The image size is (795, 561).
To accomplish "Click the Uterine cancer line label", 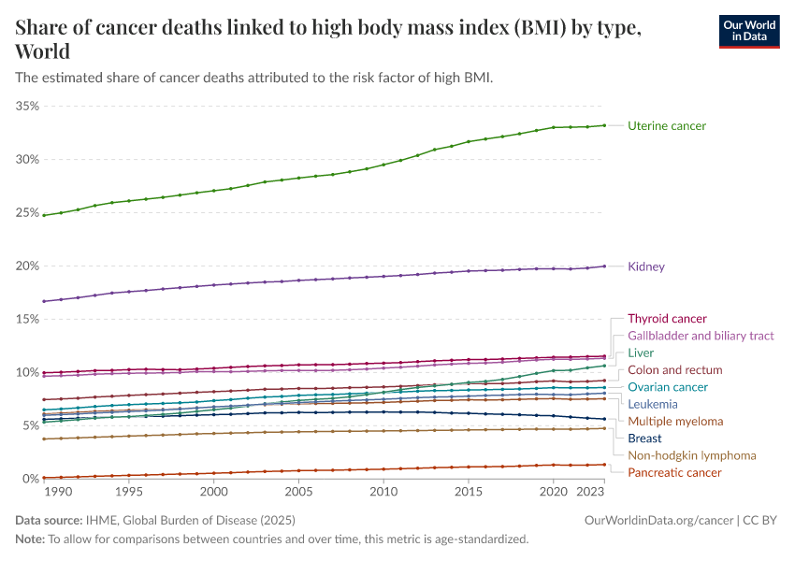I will point(667,125).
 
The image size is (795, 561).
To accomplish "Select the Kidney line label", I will point(646,266).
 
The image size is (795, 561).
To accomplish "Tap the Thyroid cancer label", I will point(667,319).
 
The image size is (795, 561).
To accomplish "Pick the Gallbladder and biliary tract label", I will point(701,336).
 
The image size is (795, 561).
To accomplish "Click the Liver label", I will point(641,353).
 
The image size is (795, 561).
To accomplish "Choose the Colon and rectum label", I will point(674,370).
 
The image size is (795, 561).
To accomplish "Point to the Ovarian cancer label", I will point(668,387).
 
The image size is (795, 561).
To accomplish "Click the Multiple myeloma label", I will point(675,422).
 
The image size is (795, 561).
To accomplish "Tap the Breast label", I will point(644,439).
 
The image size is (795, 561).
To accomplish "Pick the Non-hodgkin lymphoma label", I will point(691,455).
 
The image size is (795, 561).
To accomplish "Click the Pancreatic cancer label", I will point(674,472).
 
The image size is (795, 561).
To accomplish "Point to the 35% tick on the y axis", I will point(27,107).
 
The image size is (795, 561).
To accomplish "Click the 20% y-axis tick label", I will point(27,266).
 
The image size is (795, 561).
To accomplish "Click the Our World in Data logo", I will point(749,31).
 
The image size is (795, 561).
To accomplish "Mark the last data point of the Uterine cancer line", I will point(604,125).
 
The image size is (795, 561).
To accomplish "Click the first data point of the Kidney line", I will point(44,301).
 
